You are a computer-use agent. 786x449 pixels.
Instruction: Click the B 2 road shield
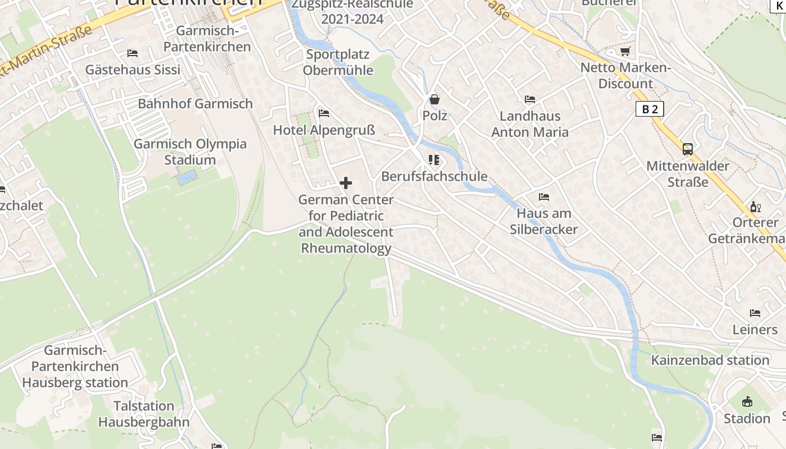[x=650, y=109]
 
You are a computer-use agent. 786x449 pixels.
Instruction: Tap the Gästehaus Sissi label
[x=133, y=70]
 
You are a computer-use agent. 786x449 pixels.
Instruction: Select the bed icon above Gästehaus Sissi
[x=132, y=53]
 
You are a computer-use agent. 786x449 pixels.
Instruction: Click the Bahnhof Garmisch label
[x=195, y=103]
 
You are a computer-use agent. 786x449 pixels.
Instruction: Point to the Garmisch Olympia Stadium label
[x=190, y=152]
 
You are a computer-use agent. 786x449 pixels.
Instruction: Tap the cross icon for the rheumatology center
[x=346, y=183]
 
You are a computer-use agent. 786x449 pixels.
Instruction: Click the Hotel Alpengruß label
[x=323, y=130]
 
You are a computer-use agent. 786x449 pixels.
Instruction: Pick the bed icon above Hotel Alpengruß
[x=324, y=113]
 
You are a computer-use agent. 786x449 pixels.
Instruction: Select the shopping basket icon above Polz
[x=435, y=99]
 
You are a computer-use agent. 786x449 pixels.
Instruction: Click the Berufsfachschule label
[x=434, y=176]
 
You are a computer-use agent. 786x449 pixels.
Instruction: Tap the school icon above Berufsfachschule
[x=434, y=160]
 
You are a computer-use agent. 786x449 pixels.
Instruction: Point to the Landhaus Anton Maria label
[x=530, y=124]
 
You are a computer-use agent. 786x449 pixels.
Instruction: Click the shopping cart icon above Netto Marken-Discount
[x=625, y=52]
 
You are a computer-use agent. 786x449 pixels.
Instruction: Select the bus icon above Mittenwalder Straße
[x=688, y=149]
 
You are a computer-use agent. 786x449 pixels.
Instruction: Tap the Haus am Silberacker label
[x=543, y=221]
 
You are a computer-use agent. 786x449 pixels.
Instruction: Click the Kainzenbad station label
[x=710, y=360]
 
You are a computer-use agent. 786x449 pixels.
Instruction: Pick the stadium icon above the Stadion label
[x=747, y=402]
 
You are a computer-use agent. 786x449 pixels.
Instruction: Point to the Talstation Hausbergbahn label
[x=144, y=414]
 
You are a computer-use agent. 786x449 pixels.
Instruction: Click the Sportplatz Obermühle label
[x=338, y=62]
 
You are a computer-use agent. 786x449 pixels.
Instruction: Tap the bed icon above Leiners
[x=755, y=313]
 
